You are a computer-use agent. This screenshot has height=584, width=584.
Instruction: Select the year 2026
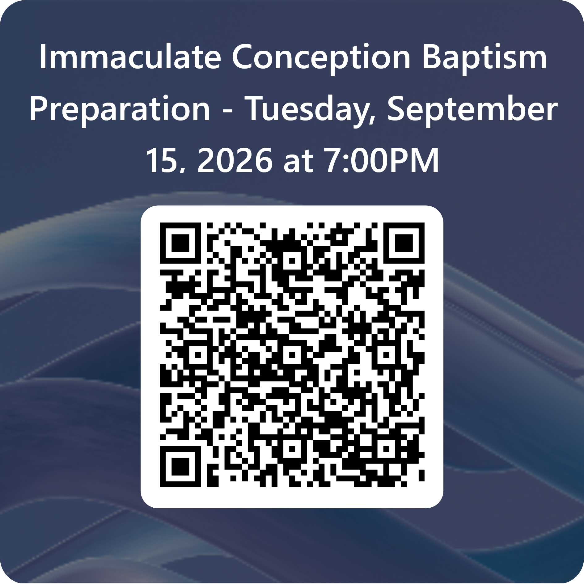pos(235,160)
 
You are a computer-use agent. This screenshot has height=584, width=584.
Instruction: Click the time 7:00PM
pos(382,160)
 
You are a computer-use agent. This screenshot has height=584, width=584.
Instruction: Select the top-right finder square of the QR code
pos(404,243)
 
